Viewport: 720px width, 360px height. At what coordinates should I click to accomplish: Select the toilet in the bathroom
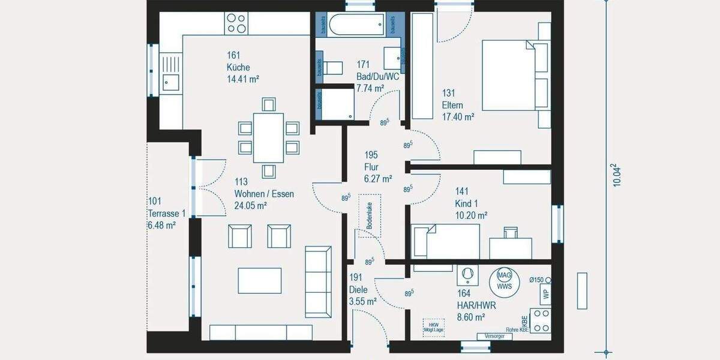[x=331, y=68]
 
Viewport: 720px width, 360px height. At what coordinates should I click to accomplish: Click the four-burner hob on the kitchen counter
[x=236, y=23]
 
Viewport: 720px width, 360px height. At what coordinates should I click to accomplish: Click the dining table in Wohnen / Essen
[x=268, y=137]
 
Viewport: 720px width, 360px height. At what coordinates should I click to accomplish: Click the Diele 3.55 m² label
[x=362, y=290]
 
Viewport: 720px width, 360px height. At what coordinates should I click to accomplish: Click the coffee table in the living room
[x=260, y=280]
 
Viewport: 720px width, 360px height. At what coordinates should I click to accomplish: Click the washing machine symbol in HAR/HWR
[x=466, y=275]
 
